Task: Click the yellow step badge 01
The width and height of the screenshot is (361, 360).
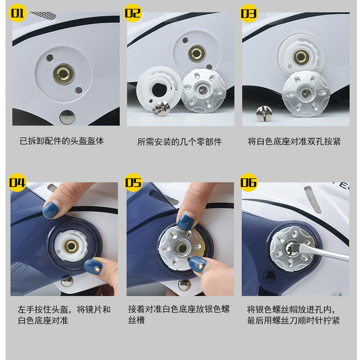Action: click(x=17, y=13)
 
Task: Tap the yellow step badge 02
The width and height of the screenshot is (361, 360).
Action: click(x=133, y=13)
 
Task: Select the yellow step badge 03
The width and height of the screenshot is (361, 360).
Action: click(x=249, y=13)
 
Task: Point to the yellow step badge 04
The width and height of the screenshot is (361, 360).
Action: click(x=17, y=183)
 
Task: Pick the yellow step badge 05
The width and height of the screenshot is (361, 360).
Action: click(x=133, y=183)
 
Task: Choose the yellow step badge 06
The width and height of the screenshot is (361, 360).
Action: click(x=249, y=183)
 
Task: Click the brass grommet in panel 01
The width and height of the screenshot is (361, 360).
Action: click(x=64, y=74)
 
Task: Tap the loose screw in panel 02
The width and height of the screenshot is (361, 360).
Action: click(x=162, y=108)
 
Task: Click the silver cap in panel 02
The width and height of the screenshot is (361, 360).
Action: click(x=203, y=90)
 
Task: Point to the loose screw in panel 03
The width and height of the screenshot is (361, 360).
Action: click(x=264, y=113)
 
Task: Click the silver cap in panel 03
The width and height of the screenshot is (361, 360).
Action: click(x=306, y=94)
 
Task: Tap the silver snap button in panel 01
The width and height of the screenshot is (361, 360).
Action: click(x=67, y=117)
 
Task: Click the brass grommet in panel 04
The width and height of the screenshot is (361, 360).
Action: click(x=71, y=246)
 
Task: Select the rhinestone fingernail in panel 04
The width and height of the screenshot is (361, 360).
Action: click(x=94, y=266)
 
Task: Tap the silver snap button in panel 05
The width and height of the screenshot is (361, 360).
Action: click(x=185, y=285)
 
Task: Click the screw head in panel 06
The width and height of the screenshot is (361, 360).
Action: click(x=292, y=249)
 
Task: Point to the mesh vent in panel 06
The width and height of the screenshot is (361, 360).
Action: click(x=313, y=200)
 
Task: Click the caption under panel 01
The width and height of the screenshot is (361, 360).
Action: click(x=62, y=141)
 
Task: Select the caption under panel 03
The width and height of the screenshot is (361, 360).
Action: click(x=294, y=141)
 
